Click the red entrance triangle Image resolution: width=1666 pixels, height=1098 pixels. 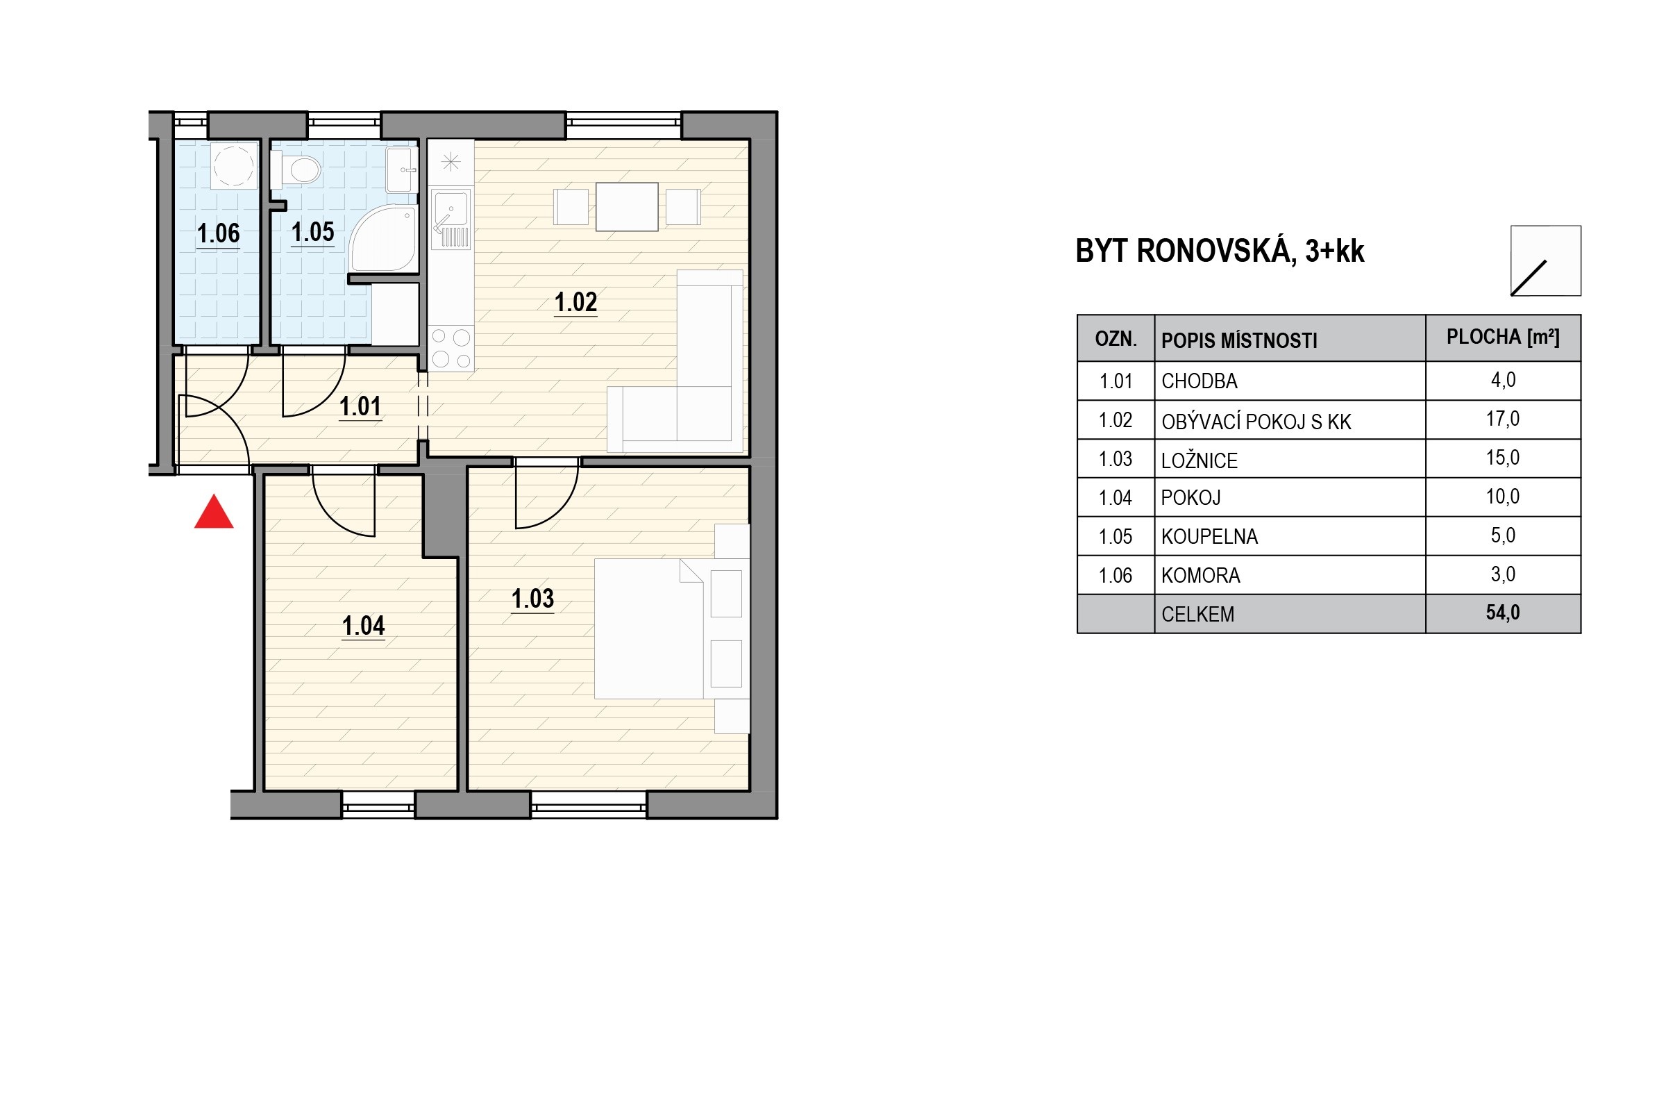[x=214, y=513]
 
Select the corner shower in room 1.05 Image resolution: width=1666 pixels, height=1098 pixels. [x=383, y=238]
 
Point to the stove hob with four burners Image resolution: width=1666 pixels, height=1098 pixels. [x=451, y=348]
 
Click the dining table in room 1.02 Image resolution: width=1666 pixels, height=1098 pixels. [x=627, y=206]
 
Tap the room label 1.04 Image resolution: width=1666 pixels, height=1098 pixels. [x=363, y=625]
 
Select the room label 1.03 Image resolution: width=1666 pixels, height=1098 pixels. [x=532, y=599]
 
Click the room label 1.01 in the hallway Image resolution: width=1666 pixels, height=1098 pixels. [x=360, y=406]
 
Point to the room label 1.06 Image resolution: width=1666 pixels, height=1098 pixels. [x=219, y=233]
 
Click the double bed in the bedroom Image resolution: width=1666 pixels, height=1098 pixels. [x=649, y=629]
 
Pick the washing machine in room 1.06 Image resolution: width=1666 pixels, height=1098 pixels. [x=234, y=166]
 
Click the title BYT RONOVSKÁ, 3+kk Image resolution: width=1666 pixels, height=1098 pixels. [x=1220, y=251]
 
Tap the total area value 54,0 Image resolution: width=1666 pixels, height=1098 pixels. [x=1503, y=613]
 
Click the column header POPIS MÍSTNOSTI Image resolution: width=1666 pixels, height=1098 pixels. [x=1239, y=340]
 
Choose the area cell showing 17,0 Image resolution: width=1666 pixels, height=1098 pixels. [x=1503, y=419]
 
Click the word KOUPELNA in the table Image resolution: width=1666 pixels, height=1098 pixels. [x=1210, y=536]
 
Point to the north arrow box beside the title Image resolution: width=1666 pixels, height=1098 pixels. [x=1546, y=260]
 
